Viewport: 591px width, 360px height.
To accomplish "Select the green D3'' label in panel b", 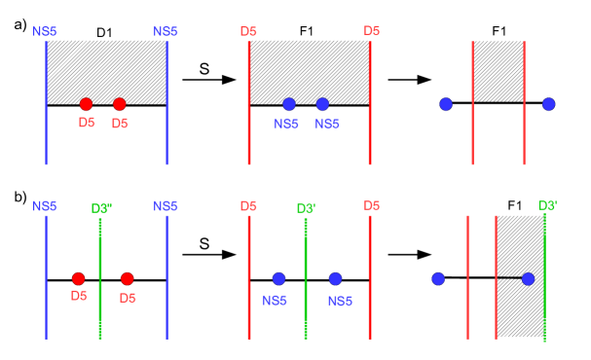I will pyautogui.click(x=103, y=206).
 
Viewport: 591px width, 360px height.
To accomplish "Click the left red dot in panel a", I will pyautogui.click(x=86, y=104).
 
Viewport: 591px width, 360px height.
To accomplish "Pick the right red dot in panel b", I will pyautogui.click(x=127, y=279).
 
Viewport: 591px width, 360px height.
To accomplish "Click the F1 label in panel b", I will pyautogui.click(x=515, y=206).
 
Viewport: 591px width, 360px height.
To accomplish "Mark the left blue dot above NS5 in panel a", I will pyautogui.click(x=289, y=104).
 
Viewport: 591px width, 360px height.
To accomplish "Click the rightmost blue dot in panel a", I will pyautogui.click(x=549, y=104).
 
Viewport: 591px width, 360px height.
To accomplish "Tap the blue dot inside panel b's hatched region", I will pyautogui.click(x=529, y=279).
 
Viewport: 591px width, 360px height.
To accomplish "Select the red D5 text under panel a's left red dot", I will pyautogui.click(x=85, y=123).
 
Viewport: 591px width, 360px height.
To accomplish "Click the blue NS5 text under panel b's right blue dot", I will pyautogui.click(x=336, y=299).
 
